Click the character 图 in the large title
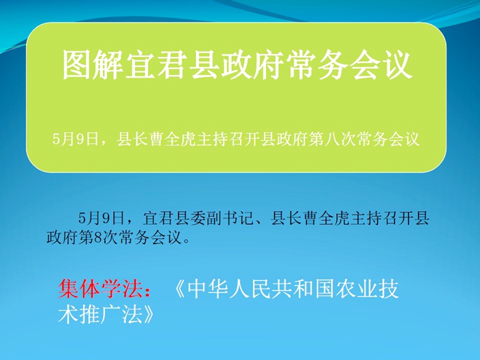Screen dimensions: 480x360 [x=77, y=65]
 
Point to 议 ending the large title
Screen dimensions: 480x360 [x=397, y=65]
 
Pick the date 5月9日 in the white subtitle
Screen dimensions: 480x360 [x=75, y=139]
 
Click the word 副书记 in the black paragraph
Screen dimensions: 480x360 [x=230, y=218]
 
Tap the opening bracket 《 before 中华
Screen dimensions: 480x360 [x=180, y=289]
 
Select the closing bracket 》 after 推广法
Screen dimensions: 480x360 [x=148, y=314]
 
